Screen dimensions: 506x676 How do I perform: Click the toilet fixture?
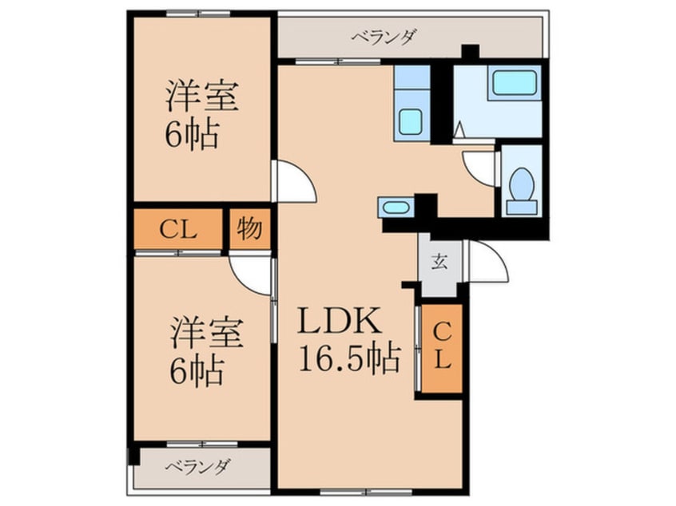click(x=521, y=186)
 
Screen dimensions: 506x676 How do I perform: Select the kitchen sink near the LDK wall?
click(x=395, y=208)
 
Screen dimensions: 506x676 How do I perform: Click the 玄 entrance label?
click(x=439, y=262)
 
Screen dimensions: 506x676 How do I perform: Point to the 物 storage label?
click(x=249, y=229)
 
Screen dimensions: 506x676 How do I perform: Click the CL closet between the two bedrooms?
click(x=177, y=230)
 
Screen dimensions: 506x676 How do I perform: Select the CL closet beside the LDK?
click(x=442, y=349)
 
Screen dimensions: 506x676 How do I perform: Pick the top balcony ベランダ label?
click(x=383, y=36)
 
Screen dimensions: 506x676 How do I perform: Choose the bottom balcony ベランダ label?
click(x=199, y=467)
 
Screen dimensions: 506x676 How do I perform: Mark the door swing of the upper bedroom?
click(x=292, y=182)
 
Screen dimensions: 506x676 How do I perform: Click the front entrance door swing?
click(x=487, y=262)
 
